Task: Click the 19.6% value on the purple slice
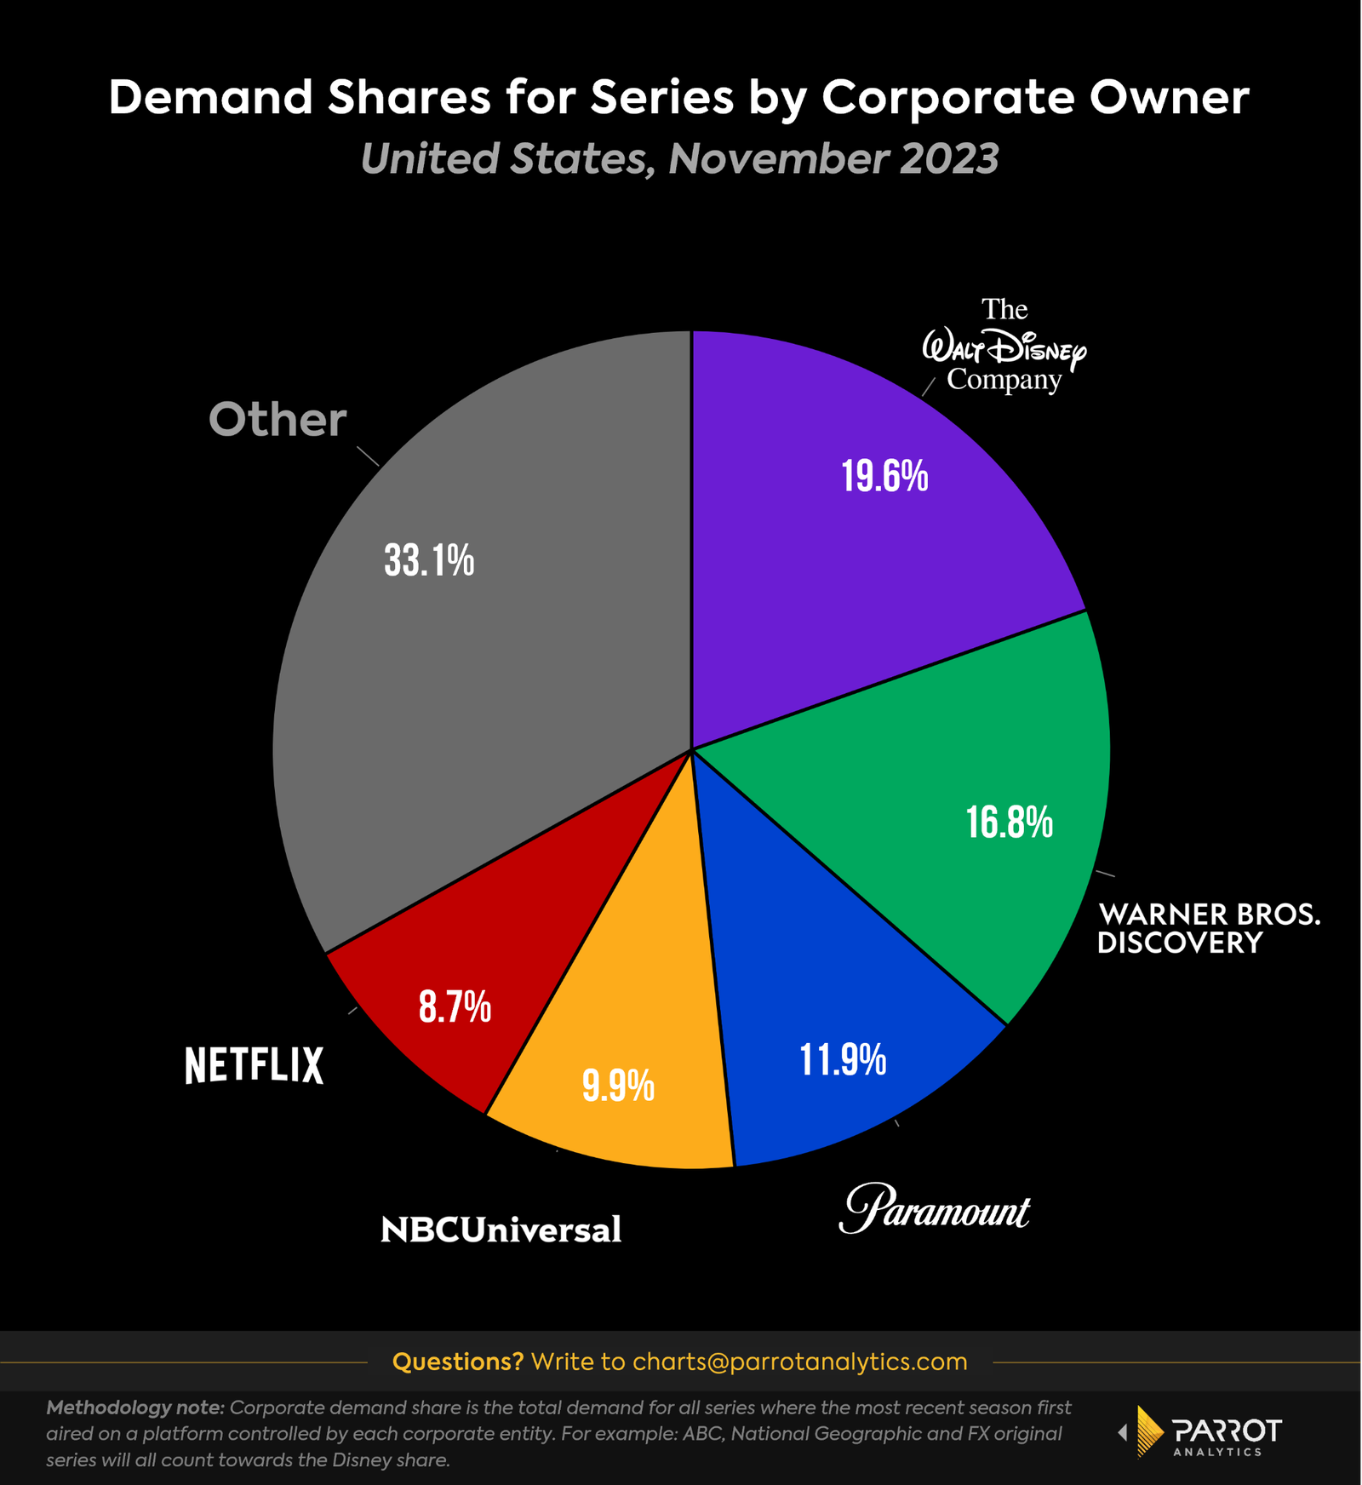[884, 476]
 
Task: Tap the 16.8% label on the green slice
[1009, 823]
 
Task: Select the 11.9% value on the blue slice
[843, 1060]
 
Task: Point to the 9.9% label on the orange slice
[618, 1086]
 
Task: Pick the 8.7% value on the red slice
[455, 1006]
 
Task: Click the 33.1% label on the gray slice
[429, 560]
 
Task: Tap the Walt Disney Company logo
[1004, 346]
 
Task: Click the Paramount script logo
[935, 1208]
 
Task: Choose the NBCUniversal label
[501, 1230]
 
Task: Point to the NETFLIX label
[254, 1065]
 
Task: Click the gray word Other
[278, 420]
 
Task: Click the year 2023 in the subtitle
[945, 159]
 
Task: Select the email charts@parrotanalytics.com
[799, 1362]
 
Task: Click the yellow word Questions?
[458, 1362]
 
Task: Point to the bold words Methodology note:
[135, 1408]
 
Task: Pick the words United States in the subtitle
[507, 159]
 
